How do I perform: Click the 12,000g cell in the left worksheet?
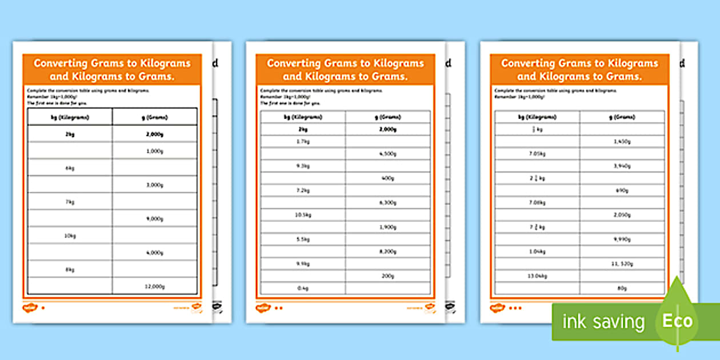(155, 286)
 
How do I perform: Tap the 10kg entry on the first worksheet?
(70, 236)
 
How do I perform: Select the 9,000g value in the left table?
(155, 219)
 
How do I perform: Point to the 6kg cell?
(70, 169)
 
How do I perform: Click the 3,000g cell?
(155, 185)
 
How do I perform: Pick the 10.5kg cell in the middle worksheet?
(303, 215)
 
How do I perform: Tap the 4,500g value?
(388, 154)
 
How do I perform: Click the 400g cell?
(388, 178)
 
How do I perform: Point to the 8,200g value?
(388, 251)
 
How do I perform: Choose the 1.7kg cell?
(303, 141)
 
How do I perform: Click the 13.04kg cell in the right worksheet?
(537, 276)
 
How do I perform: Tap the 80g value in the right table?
(622, 289)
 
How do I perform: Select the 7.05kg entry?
(537, 154)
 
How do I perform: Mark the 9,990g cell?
(622, 239)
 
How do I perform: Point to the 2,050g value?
(622, 215)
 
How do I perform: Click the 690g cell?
(622, 190)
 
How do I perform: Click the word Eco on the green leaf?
(677, 321)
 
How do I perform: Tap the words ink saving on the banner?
(603, 322)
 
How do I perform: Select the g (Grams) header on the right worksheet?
(622, 117)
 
